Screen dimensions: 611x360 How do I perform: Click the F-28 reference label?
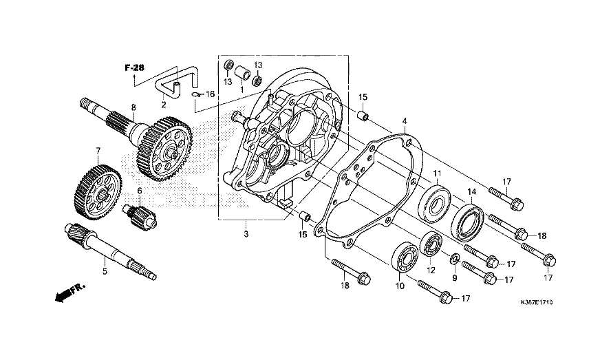(x=134, y=68)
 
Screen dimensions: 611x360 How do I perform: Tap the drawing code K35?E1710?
(x=536, y=302)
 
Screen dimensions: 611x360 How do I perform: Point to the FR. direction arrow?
(x=70, y=293)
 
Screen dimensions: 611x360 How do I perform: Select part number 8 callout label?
(x=133, y=107)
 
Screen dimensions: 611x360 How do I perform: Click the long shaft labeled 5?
(x=110, y=251)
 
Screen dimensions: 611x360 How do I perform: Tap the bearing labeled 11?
(x=434, y=204)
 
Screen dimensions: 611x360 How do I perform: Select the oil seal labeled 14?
(x=468, y=223)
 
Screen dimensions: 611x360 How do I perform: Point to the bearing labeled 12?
(x=431, y=244)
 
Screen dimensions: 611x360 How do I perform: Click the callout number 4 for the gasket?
(x=405, y=121)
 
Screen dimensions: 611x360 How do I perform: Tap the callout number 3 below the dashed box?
(x=246, y=234)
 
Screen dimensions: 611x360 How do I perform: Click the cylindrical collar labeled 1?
(x=242, y=72)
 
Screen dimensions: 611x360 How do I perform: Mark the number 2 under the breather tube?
(x=164, y=105)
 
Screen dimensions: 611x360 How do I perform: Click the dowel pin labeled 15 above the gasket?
(x=363, y=116)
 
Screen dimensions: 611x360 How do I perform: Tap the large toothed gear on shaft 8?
(x=164, y=149)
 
